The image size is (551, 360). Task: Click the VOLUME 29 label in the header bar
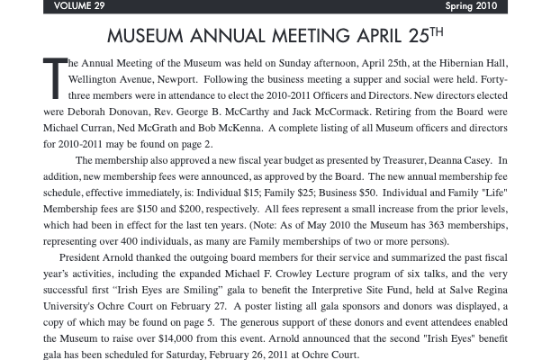point(79,6)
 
